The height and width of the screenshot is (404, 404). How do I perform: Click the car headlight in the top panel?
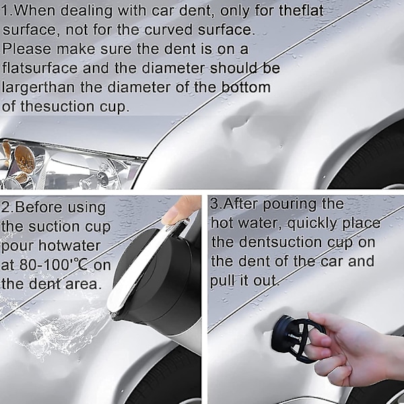69,164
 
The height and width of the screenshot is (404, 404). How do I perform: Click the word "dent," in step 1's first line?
197,11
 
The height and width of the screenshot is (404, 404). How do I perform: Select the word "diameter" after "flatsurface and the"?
174,68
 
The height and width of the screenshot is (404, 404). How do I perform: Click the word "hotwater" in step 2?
69,246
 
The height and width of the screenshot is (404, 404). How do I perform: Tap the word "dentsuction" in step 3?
280,242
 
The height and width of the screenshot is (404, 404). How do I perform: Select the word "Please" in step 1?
27,49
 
